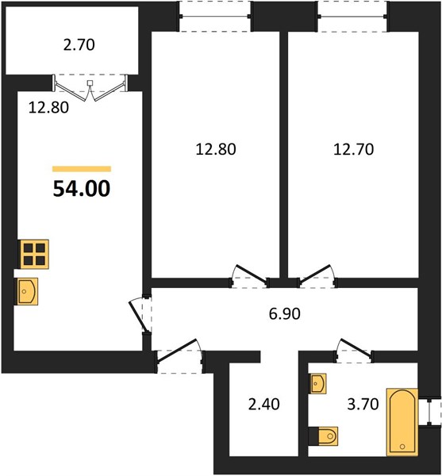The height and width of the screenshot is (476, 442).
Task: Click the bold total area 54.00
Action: [x=82, y=189]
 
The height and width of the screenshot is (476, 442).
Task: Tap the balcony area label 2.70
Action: [x=79, y=45]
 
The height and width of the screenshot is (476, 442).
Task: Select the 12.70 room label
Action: [x=353, y=149]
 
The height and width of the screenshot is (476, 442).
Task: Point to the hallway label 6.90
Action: [x=284, y=313]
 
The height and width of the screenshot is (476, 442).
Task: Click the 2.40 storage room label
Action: [x=263, y=404]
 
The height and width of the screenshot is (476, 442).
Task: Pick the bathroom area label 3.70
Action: [x=363, y=404]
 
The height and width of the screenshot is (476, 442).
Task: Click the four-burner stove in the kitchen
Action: [x=34, y=254]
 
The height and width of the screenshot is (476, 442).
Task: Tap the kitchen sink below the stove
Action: [x=26, y=291]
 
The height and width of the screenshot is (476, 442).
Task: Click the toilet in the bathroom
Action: [x=324, y=436]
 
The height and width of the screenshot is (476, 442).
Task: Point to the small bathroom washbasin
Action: [x=317, y=383]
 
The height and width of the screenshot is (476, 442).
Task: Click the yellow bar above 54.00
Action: [x=82, y=169]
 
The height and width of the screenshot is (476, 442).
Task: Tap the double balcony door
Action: [x=90, y=88]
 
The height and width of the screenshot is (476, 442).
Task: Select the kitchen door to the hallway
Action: [x=140, y=315]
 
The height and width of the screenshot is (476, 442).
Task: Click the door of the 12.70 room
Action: [x=317, y=276]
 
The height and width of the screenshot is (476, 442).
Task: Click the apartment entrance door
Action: [x=179, y=355]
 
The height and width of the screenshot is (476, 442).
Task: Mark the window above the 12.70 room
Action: [x=352, y=16]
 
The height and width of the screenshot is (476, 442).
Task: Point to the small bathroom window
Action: [x=429, y=413]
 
